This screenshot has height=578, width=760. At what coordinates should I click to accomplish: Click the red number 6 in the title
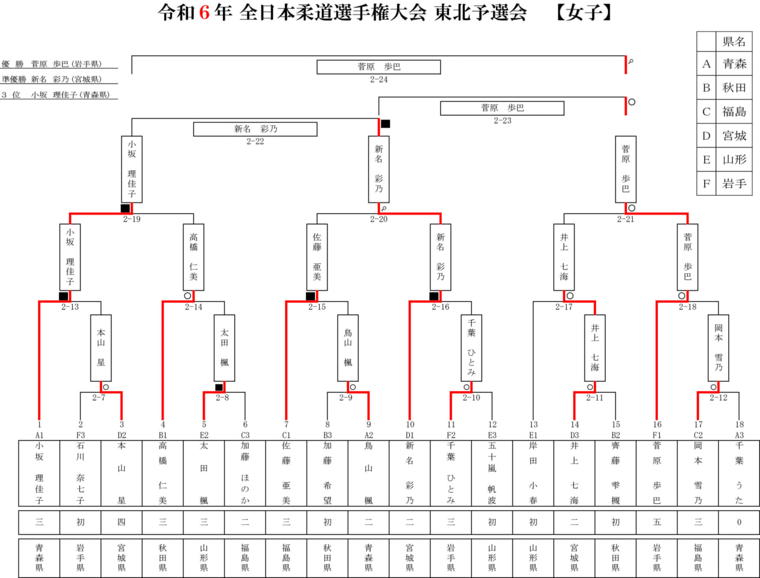[204, 14]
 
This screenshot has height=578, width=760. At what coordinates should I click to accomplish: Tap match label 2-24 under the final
[379, 80]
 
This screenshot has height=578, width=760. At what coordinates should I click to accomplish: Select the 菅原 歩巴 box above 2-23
[502, 108]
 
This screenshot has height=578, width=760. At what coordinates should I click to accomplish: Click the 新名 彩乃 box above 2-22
[255, 129]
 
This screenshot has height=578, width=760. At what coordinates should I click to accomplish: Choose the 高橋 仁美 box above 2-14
[194, 256]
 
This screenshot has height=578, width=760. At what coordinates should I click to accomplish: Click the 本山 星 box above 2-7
[101, 348]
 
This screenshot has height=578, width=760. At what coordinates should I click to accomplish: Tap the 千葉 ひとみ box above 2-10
[471, 348]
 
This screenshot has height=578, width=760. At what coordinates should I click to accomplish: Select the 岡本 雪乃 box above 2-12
[718, 348]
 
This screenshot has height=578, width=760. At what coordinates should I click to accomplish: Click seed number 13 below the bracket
[533, 425]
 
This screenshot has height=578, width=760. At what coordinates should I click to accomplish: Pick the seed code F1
[657, 435]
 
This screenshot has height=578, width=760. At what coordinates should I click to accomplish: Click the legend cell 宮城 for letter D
[734, 135]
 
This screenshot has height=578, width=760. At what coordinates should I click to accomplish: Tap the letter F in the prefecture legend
[706, 184]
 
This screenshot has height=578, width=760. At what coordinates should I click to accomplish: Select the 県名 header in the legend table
[734, 42]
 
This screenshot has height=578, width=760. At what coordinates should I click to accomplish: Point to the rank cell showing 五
[657, 522]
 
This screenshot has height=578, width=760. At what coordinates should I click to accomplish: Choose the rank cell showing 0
[738, 522]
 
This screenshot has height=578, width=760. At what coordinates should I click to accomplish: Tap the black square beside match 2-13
[63, 296]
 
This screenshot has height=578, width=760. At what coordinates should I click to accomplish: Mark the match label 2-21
[626, 219]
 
